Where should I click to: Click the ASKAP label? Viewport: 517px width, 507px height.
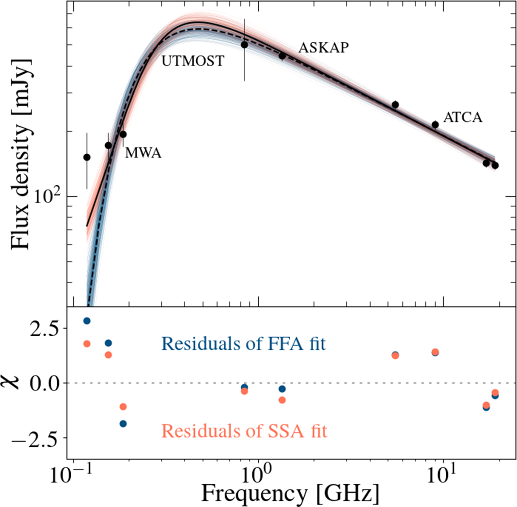click(x=324, y=48)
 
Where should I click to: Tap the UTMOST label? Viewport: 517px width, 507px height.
click(x=193, y=61)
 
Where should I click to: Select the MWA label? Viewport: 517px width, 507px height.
click(x=143, y=153)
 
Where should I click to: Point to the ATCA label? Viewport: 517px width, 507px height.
click(x=463, y=118)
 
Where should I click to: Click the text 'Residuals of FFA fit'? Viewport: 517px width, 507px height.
click(x=244, y=344)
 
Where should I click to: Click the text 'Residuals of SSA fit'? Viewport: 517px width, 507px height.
click(x=245, y=431)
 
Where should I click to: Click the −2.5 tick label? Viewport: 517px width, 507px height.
click(x=38, y=438)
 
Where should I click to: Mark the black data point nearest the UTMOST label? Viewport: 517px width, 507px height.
click(x=245, y=45)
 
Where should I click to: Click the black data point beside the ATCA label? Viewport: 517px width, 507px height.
click(x=435, y=125)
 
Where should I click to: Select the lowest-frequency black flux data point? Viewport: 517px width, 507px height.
click(x=87, y=157)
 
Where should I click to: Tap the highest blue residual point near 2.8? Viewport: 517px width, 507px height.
click(x=87, y=321)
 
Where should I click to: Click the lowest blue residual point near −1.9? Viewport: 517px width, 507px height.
click(x=123, y=424)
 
